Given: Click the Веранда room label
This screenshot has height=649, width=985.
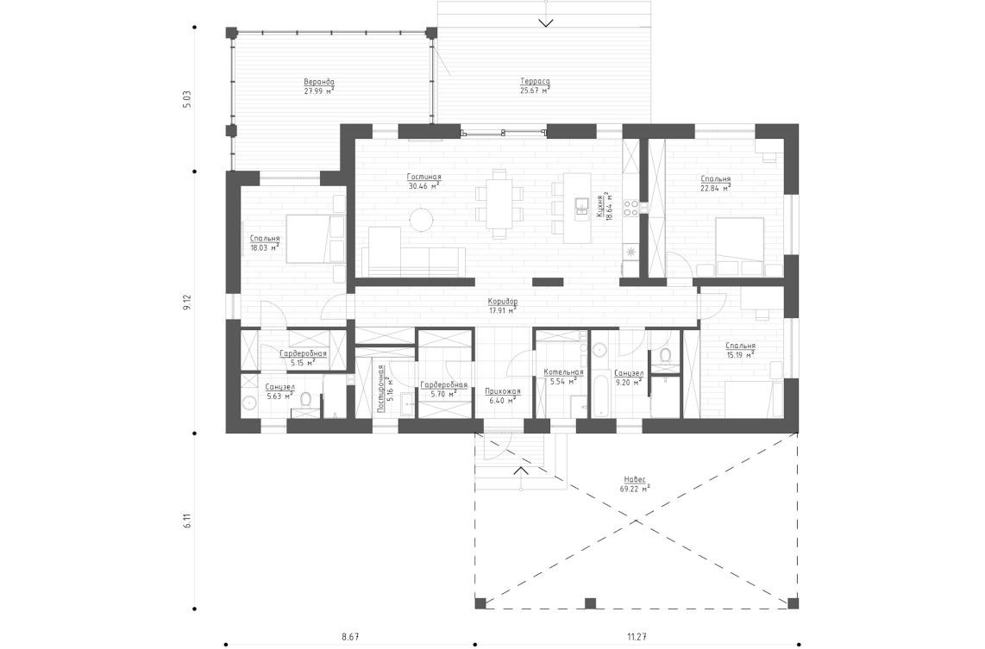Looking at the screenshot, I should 318,82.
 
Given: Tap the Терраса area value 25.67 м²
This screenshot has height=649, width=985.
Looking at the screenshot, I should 534,90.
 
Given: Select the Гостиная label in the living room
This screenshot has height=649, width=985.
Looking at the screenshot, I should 423,176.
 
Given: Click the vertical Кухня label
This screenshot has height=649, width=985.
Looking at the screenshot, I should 599,208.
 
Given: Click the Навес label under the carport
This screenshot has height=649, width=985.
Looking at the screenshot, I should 634,479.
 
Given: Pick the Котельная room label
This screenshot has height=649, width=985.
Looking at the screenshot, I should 563,372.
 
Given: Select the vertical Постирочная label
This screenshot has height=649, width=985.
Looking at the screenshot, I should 380,389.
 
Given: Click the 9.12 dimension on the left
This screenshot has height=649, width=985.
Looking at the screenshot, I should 185,303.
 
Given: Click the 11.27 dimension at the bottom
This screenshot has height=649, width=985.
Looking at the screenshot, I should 637,636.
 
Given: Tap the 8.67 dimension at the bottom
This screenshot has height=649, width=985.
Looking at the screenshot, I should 349,636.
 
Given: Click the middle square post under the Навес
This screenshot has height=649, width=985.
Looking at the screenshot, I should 590,602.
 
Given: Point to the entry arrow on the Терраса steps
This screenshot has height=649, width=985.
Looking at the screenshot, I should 545,22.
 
